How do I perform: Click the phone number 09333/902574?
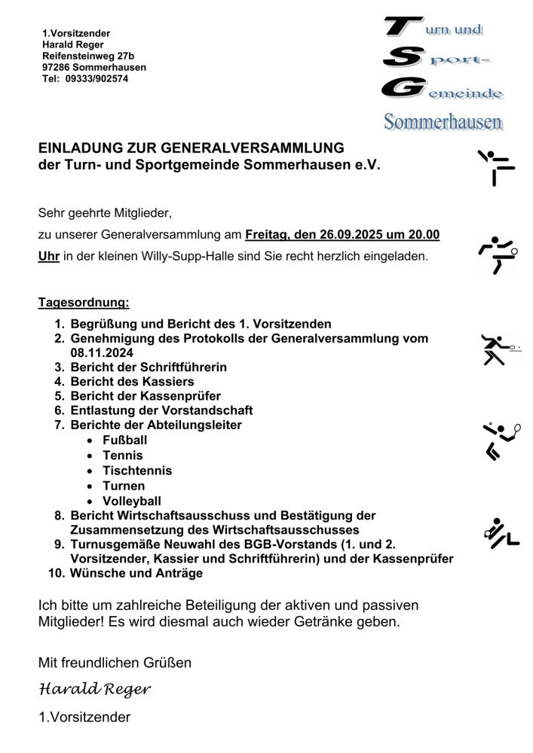(97, 78)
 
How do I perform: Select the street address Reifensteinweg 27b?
(88, 56)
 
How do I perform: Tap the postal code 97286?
(57, 67)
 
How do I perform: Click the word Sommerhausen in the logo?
(443, 121)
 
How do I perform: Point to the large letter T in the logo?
(399, 28)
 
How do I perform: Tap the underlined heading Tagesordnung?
(84, 303)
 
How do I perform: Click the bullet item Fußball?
(125, 441)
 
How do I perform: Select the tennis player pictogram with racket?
(501, 440)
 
